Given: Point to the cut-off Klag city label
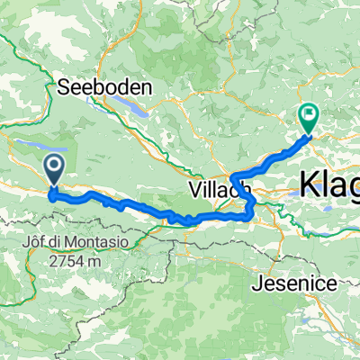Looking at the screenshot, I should click(x=330, y=184).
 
